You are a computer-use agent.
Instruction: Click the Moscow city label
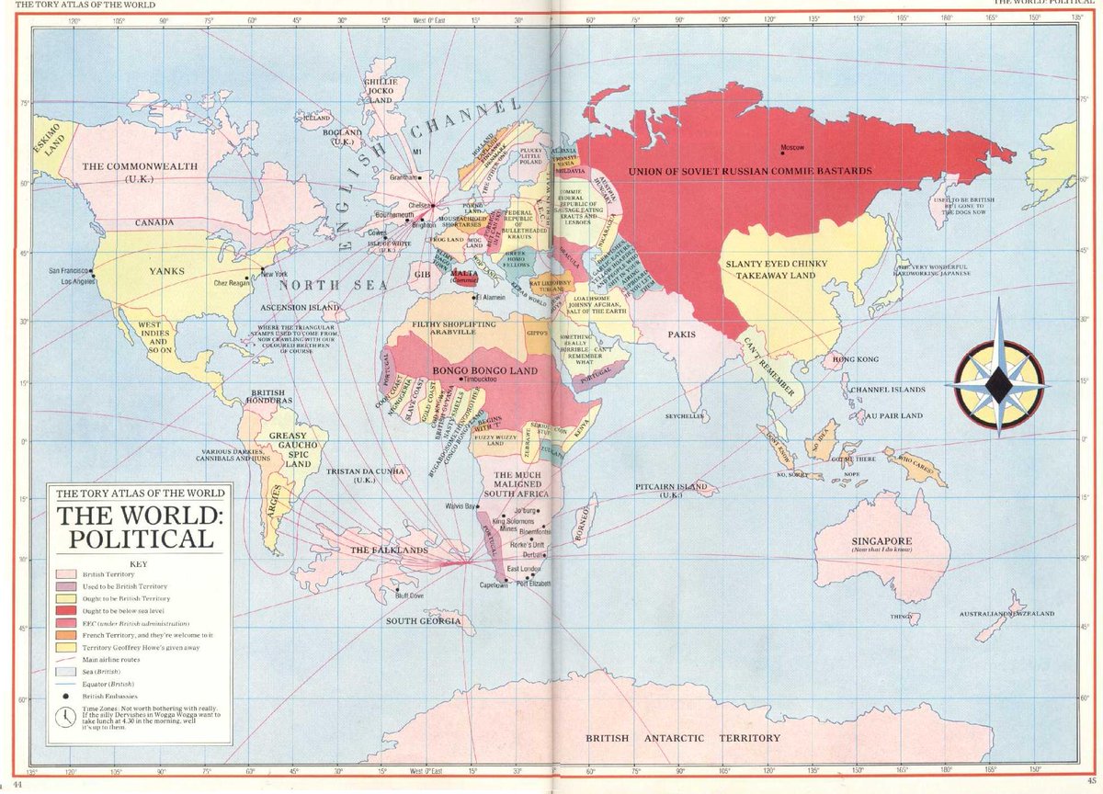(x=791, y=148)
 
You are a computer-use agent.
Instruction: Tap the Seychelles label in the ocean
(x=685, y=415)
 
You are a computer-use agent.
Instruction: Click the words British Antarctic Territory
(x=683, y=738)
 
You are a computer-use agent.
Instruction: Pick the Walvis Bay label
(x=461, y=506)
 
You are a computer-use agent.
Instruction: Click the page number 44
(x=8, y=787)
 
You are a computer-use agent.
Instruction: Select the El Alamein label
(x=495, y=298)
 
